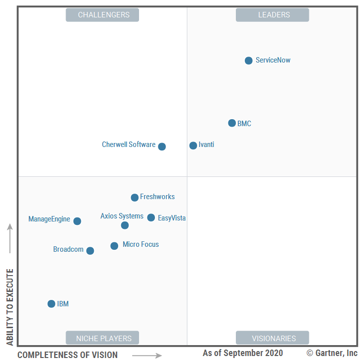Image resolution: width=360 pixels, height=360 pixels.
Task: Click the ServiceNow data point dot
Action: click(x=249, y=61)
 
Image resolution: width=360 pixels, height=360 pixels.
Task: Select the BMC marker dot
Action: click(x=232, y=123)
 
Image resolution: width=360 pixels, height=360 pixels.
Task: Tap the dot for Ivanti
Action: click(x=193, y=145)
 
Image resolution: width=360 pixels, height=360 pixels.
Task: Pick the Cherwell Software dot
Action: click(x=162, y=146)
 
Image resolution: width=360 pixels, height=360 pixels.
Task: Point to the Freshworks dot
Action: click(x=135, y=198)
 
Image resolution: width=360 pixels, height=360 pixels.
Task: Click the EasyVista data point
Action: click(x=151, y=217)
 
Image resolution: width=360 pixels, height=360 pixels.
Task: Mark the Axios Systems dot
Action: click(x=125, y=225)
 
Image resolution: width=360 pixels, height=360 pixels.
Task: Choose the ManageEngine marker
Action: click(x=77, y=221)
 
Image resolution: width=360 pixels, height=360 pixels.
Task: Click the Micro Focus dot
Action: click(x=114, y=246)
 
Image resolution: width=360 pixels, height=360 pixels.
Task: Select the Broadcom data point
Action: click(x=90, y=251)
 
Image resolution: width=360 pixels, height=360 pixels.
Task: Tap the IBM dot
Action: click(x=51, y=304)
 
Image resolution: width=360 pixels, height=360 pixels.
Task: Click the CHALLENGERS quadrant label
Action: click(x=102, y=15)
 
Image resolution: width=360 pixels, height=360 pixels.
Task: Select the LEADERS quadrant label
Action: click(x=272, y=15)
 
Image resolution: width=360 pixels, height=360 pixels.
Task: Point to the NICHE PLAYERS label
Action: click(x=102, y=338)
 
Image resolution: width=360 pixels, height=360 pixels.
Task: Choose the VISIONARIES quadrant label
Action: click(x=272, y=338)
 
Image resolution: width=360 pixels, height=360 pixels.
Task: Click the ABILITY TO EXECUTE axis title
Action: click(x=9, y=307)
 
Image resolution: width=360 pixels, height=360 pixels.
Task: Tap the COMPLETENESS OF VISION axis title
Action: click(x=68, y=355)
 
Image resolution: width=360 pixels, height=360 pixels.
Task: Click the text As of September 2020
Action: click(x=243, y=353)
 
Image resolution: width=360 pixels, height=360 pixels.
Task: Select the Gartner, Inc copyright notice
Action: click(x=332, y=353)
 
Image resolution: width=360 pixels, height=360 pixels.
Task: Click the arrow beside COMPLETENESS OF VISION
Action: click(x=147, y=355)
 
